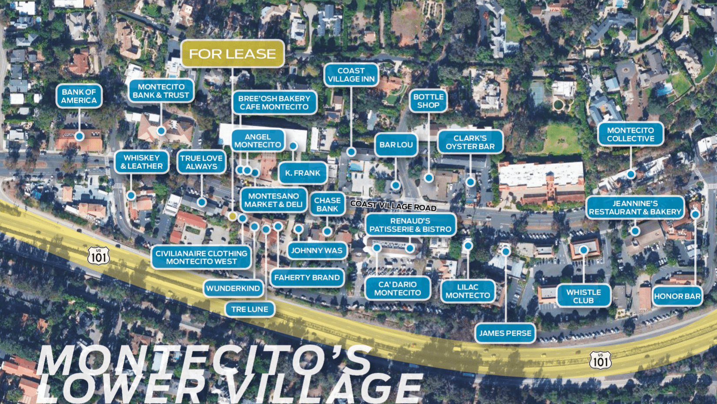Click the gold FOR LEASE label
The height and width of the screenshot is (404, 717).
[x=233, y=54]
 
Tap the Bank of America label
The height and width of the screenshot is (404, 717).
[x=79, y=96]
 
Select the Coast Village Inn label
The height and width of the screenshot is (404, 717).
[x=351, y=75]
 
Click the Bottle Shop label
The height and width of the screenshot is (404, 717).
[x=428, y=101]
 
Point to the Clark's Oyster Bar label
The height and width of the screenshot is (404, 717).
[x=470, y=142]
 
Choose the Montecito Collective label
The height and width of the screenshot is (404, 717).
[x=630, y=135]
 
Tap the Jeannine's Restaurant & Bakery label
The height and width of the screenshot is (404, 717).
[x=635, y=208]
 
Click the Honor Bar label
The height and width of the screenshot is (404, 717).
[x=677, y=296]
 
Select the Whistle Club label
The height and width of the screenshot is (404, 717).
[x=584, y=296]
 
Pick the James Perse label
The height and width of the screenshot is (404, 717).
[x=505, y=333]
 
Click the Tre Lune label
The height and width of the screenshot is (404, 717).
[x=250, y=309]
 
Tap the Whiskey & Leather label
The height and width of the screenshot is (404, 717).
[x=142, y=162]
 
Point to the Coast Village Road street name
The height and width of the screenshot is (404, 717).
[x=393, y=205]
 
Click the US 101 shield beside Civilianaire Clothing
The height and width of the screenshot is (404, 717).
[x=99, y=256]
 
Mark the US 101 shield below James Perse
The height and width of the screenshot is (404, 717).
[x=600, y=360]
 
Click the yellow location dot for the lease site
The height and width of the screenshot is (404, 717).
[x=233, y=216]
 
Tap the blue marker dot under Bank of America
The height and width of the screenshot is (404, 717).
[x=79, y=136]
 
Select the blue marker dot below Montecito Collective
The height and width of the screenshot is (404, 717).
[x=630, y=174]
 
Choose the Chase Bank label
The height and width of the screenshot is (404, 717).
[x=327, y=205]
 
